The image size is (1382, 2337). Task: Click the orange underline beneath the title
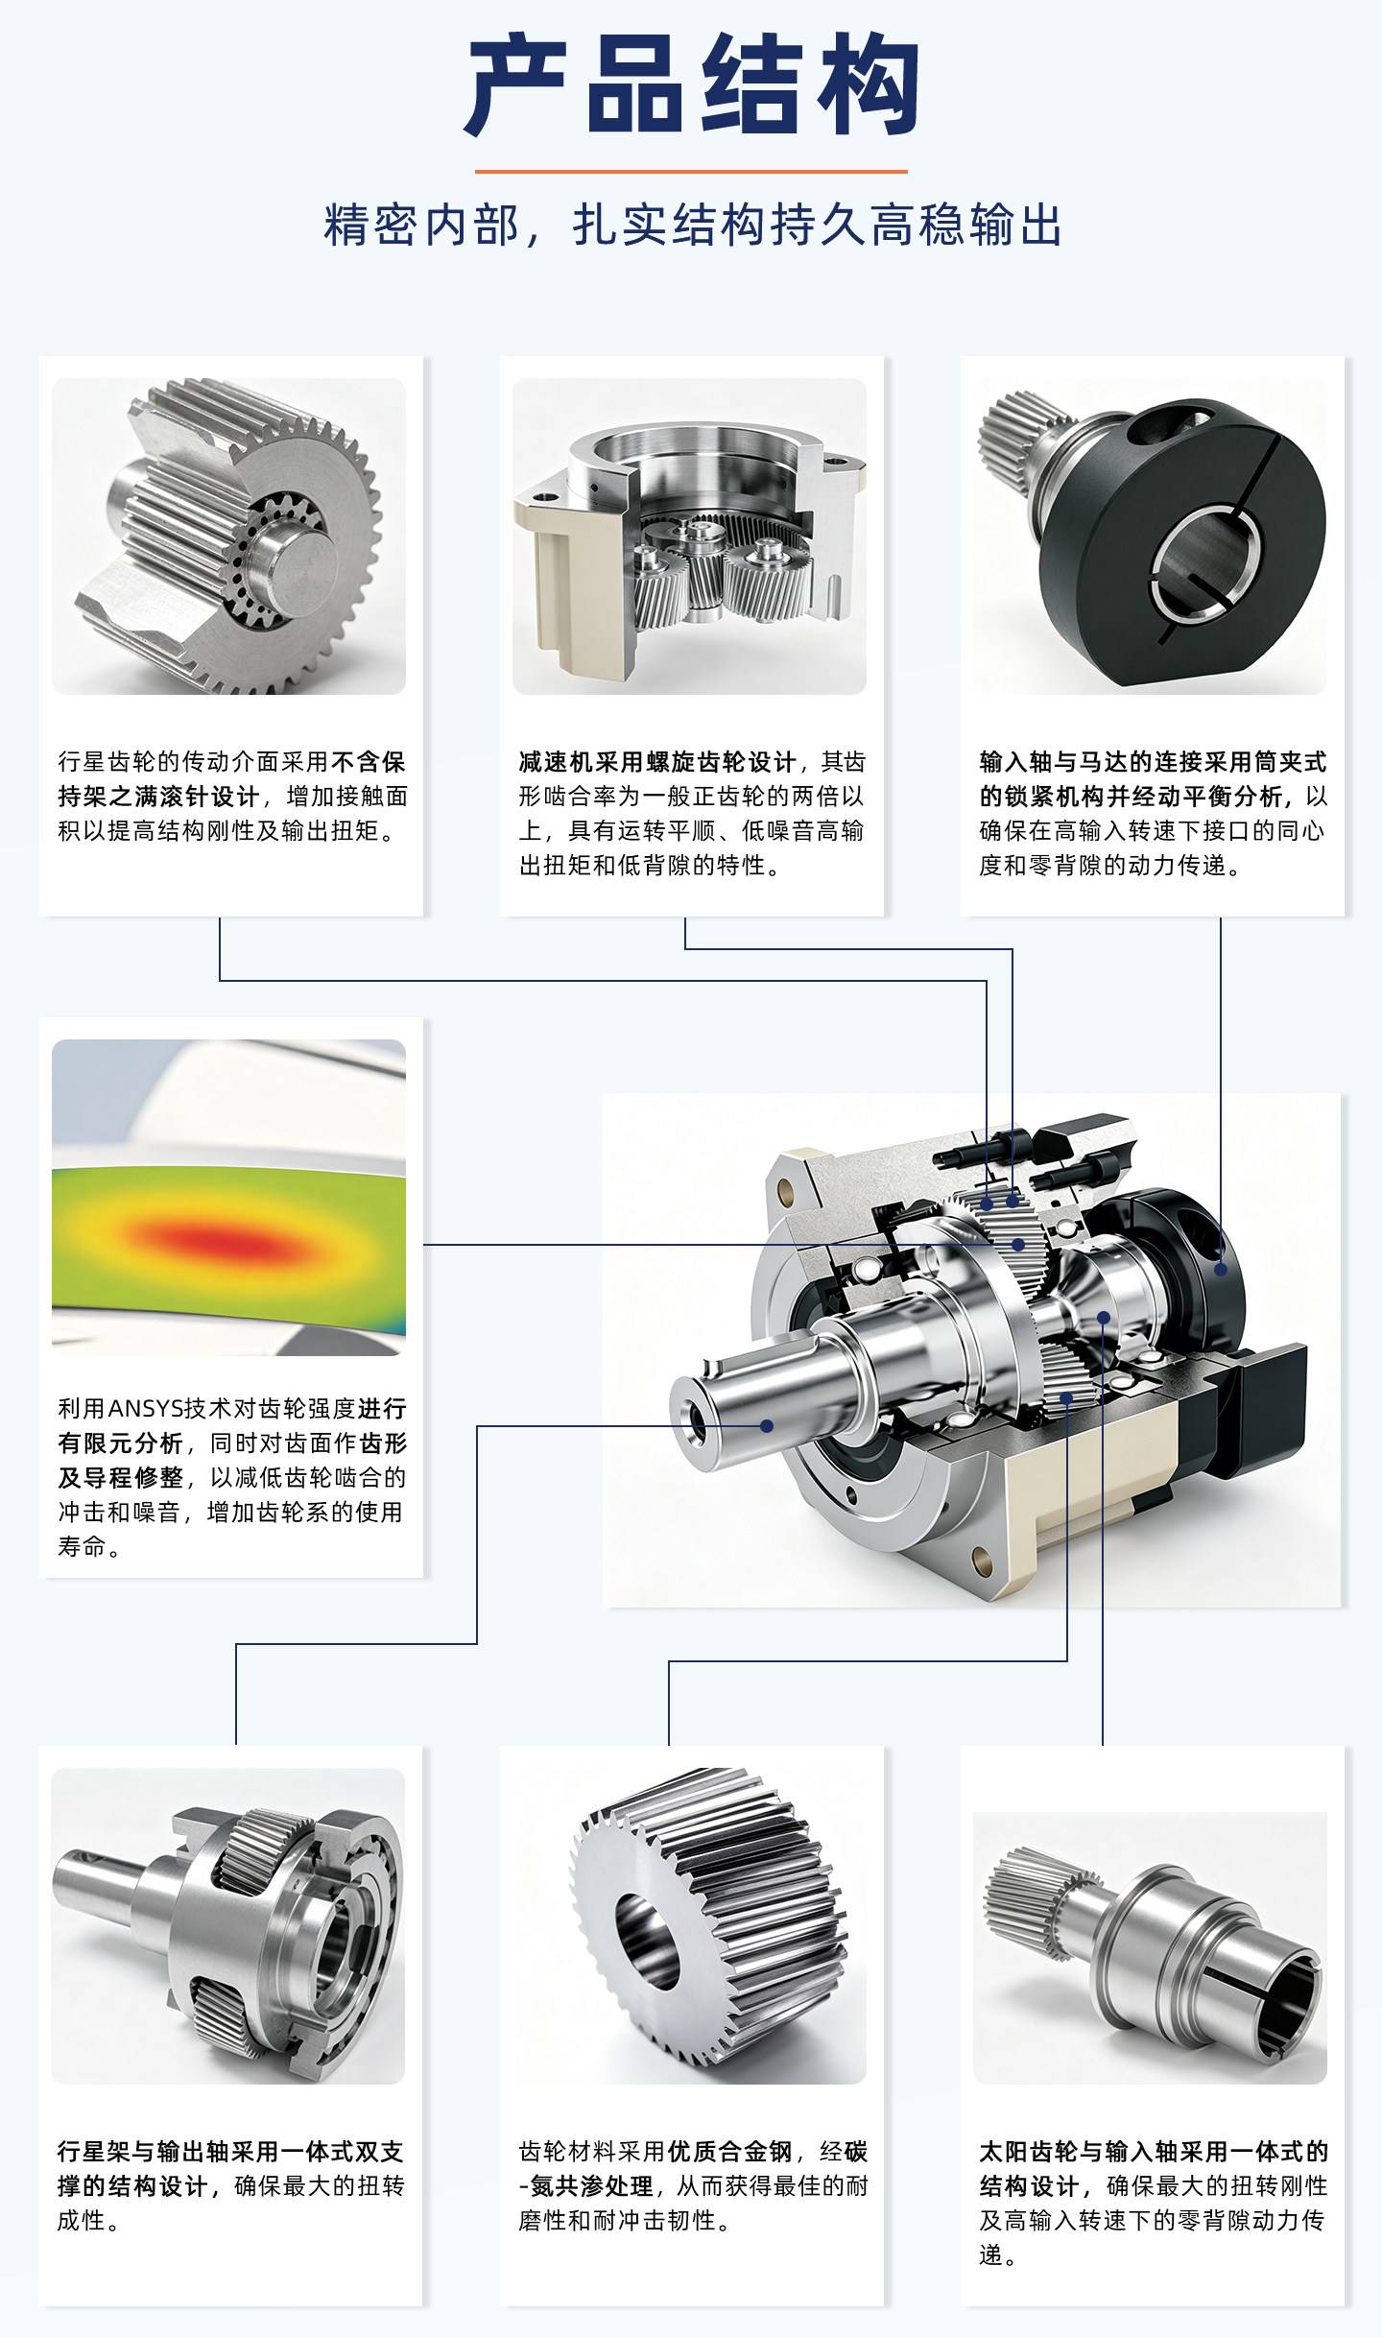[691, 172]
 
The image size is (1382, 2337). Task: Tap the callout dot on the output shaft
[767, 1425]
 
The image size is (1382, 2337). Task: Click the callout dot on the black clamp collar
[1221, 1269]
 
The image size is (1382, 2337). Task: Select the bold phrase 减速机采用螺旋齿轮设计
[657, 762]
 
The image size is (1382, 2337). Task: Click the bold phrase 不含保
[369, 762]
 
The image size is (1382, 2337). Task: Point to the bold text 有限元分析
[120, 1443]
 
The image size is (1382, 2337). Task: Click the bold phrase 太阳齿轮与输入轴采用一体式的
[1154, 2152]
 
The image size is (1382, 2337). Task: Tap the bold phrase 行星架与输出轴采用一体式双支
[230, 2152]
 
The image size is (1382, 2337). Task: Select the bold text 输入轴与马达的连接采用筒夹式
[1153, 762]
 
